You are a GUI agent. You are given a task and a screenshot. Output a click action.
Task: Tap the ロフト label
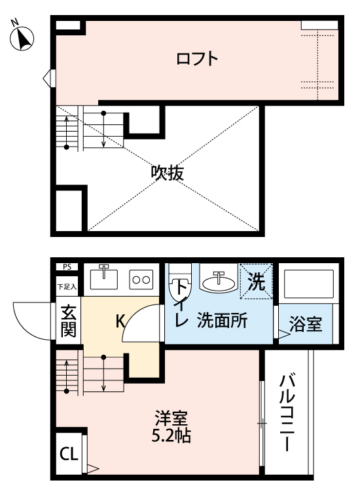[x=196, y=59]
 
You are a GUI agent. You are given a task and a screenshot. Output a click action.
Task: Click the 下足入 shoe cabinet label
[x=67, y=286]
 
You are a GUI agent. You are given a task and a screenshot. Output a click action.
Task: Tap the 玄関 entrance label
[x=68, y=321]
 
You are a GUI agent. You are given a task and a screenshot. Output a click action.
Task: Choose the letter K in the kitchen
[x=120, y=321]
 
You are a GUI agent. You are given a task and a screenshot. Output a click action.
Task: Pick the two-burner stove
[x=141, y=279]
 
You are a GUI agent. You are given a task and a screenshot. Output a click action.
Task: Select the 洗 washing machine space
[x=257, y=282]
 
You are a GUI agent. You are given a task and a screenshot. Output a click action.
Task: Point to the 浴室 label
[x=306, y=324]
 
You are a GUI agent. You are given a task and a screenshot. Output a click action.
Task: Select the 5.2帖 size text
[x=172, y=435]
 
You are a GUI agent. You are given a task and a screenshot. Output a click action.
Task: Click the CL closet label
[x=68, y=454]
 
